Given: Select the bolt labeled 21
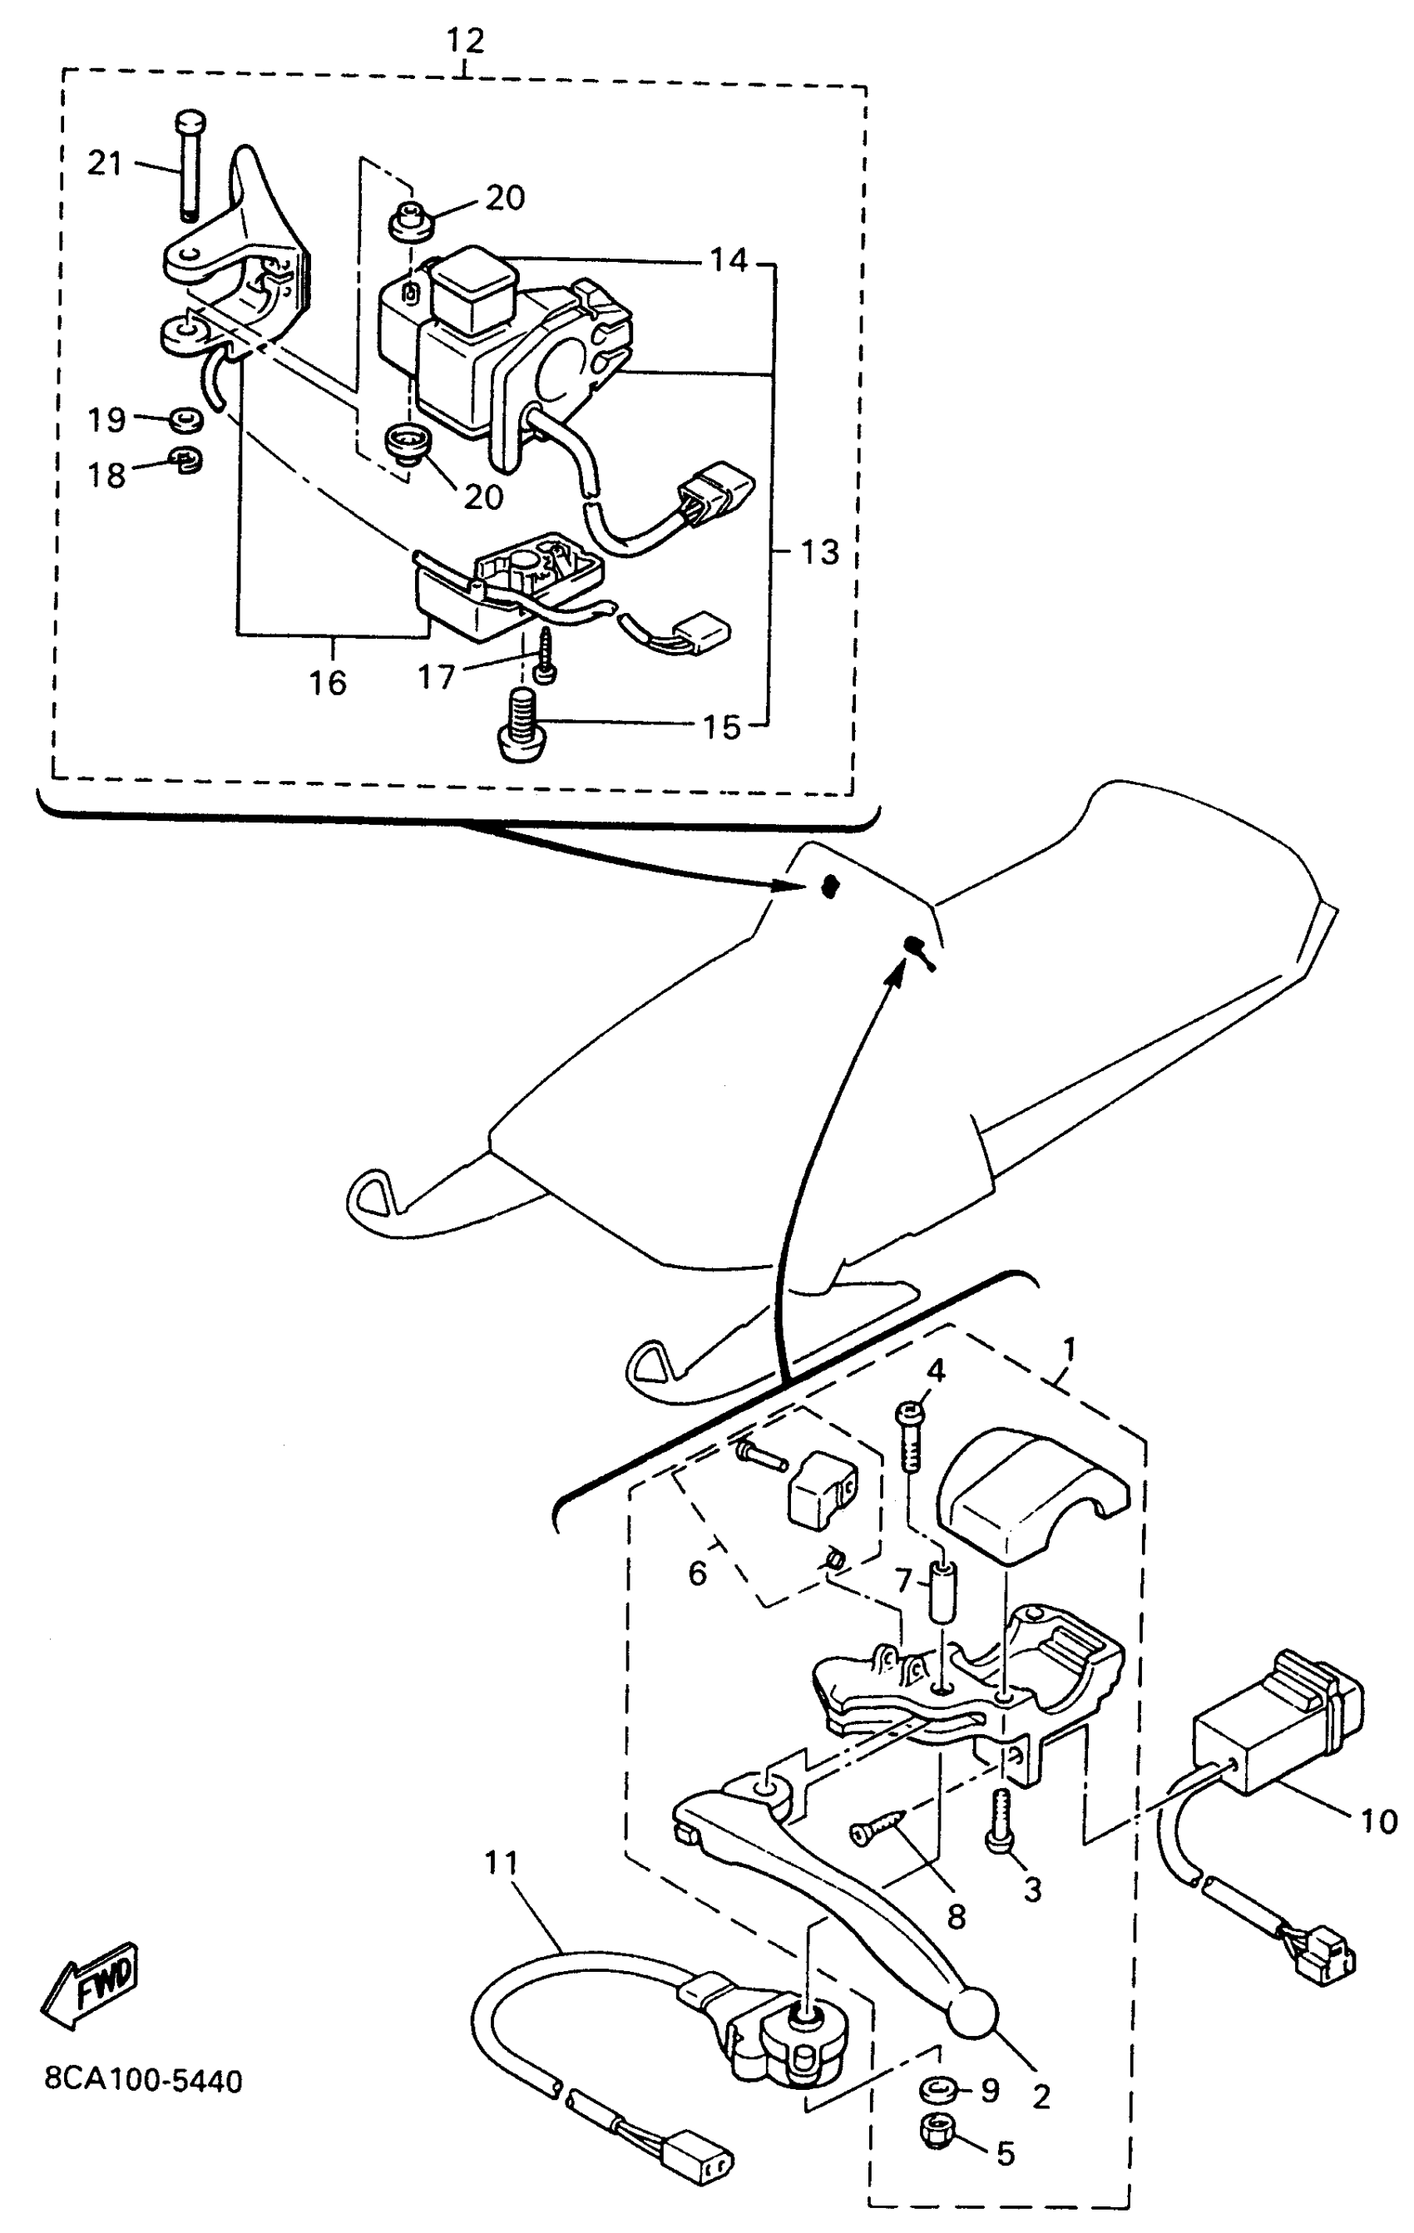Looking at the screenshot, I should tap(188, 167).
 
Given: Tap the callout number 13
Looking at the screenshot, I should tap(818, 553).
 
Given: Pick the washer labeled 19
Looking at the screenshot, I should tap(185, 420).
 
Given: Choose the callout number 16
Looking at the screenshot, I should tap(328, 683).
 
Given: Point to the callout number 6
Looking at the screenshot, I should tap(697, 1573).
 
